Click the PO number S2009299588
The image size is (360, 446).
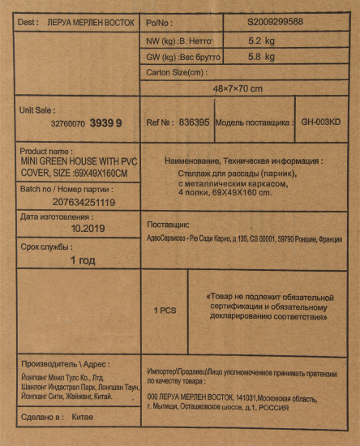pyautogui.click(x=274, y=21)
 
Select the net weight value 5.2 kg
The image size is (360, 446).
pyautogui.click(x=260, y=39)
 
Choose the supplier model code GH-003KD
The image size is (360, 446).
pyautogui.click(x=322, y=122)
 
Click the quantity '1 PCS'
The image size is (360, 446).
pyautogui.click(x=165, y=310)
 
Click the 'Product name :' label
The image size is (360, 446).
pyautogui.click(x=45, y=152)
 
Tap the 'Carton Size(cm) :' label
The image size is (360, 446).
pyautogui.click(x=176, y=72)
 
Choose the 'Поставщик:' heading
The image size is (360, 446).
pyautogui.click(x=168, y=224)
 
